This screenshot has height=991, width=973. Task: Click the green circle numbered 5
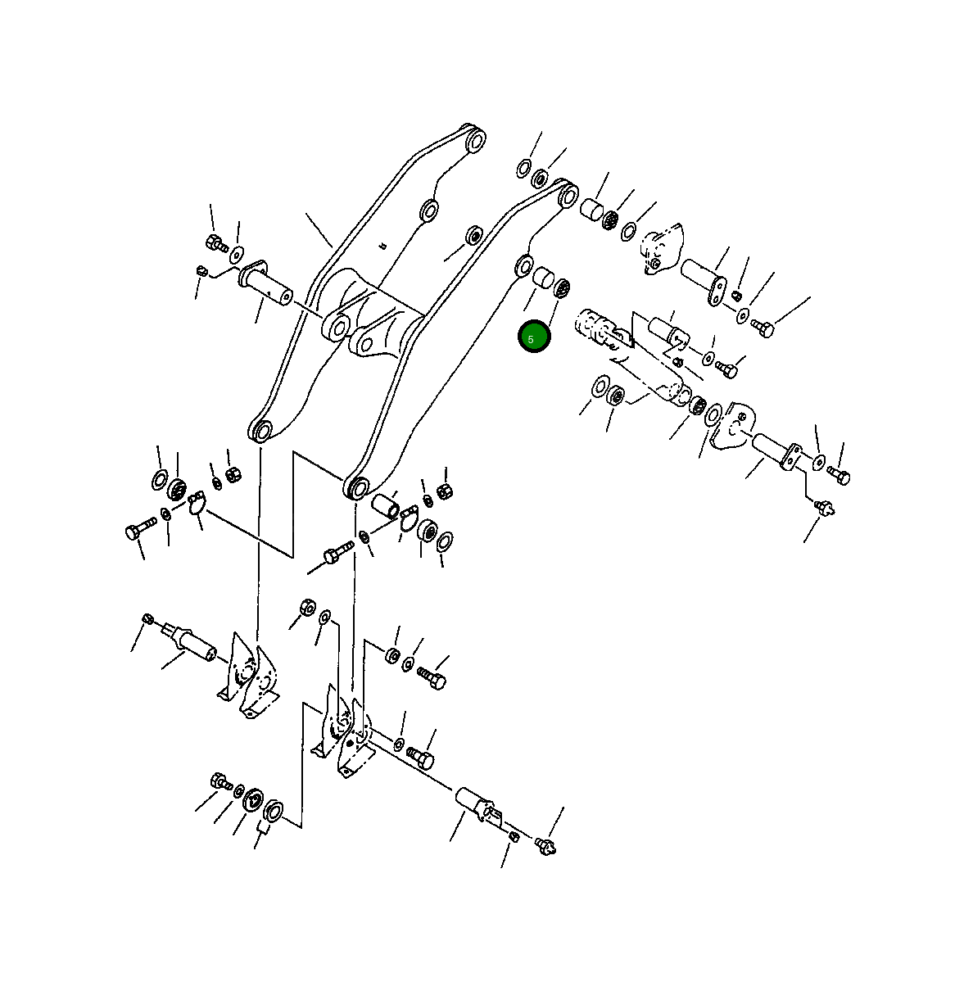pos(534,337)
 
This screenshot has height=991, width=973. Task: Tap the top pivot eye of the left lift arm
pos(476,139)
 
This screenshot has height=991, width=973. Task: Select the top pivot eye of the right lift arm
pos(568,196)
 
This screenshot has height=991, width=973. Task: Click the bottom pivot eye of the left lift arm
pos(260,430)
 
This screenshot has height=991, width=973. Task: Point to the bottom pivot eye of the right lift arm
pos(356,487)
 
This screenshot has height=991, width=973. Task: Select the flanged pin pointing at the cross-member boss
pos(265,284)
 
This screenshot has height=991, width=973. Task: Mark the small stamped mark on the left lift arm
pos(382,246)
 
